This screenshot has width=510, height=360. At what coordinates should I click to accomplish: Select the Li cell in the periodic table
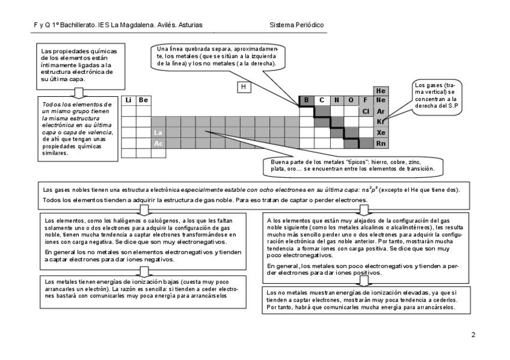tap(129, 100)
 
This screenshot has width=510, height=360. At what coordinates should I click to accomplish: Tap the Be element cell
tap(143, 100)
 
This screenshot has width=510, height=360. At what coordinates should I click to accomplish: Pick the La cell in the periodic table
tap(158, 132)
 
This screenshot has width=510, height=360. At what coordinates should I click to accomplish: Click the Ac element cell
tap(158, 144)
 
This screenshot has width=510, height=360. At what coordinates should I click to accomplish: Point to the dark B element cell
tap(306, 100)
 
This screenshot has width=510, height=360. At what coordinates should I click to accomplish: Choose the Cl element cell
tap(365, 111)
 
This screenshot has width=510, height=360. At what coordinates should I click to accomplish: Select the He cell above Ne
tap(380, 90)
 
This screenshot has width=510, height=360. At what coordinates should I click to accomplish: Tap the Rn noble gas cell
tap(380, 144)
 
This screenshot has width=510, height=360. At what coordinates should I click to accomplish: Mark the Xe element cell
tap(380, 133)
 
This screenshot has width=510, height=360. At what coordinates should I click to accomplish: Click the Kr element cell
tap(380, 122)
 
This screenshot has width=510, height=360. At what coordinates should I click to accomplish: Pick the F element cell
tap(365, 100)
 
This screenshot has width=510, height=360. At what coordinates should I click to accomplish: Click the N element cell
tap(336, 100)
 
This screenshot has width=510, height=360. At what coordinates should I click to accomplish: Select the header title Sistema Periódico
tap(297, 25)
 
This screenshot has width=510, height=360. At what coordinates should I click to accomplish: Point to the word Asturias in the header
tap(189, 25)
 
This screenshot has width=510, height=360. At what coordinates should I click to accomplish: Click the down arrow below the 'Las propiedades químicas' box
tap(78, 91)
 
